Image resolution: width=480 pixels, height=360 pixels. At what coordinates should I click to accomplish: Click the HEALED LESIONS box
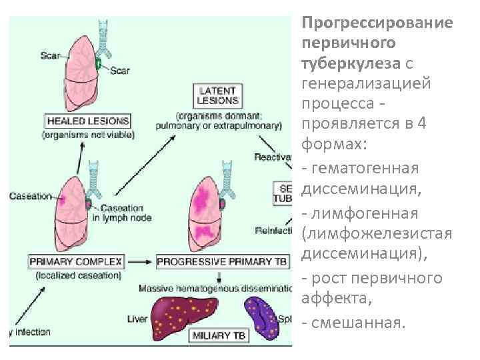click(x=87, y=121)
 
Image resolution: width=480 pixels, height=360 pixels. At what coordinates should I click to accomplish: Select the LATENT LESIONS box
click(x=217, y=95)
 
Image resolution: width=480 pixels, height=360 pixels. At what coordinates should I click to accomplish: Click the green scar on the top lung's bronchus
click(x=99, y=64)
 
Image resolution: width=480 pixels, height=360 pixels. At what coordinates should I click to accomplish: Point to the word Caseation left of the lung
click(x=30, y=196)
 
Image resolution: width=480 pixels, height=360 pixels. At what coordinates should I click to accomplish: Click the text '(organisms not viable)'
click(x=87, y=135)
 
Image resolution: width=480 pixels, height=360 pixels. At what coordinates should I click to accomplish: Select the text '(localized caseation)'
click(x=87, y=275)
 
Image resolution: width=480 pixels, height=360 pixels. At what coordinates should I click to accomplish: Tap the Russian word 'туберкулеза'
click(x=350, y=63)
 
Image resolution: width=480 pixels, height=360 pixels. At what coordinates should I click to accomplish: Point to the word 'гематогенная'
click(x=364, y=167)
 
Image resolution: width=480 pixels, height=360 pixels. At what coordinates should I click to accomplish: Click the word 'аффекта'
click(x=327, y=298)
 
